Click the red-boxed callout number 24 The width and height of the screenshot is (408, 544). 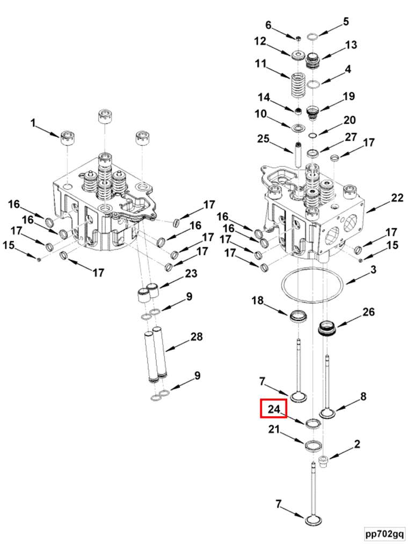coord(274,409)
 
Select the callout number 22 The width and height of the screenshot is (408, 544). coord(397,198)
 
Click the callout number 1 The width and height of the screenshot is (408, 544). coord(33,123)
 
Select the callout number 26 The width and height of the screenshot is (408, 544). coord(368,312)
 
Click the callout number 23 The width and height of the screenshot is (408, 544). coord(191,274)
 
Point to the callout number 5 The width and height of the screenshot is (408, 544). coord(346,21)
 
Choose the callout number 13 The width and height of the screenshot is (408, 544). coord(351,45)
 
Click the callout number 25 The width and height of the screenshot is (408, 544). coord(263,139)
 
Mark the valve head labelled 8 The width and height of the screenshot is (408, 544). coord(327,414)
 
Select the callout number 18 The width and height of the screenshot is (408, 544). coord(257,300)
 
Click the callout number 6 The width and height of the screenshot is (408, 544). coord(268,25)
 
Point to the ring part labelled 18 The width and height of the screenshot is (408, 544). coord(298,316)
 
